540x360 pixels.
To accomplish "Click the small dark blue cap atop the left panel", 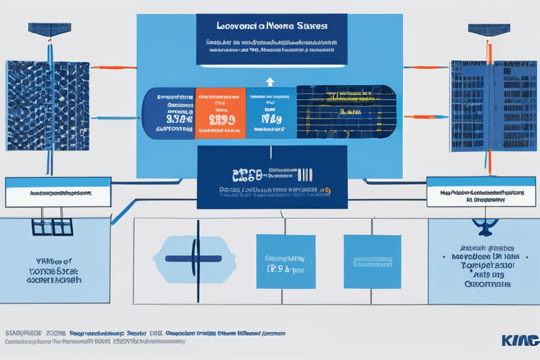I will click(x=49, y=30).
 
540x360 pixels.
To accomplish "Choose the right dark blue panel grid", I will click(x=484, y=105).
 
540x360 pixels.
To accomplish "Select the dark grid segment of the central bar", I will click(x=345, y=112).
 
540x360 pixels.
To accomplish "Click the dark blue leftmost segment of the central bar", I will click(x=168, y=112).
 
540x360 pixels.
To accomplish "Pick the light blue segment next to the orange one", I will click(x=271, y=112).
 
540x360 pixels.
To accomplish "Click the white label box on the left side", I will click(x=58, y=192).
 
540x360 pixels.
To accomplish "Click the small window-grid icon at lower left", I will click(x=53, y=227).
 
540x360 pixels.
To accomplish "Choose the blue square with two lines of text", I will click(x=285, y=262).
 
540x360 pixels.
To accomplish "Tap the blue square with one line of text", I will click(x=372, y=262).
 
